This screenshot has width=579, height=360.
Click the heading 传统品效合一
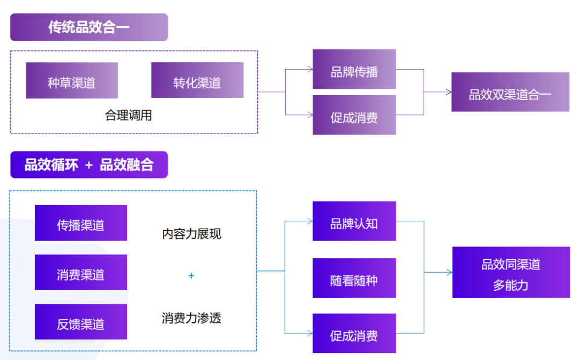(x=89, y=27)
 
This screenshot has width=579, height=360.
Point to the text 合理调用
(x=129, y=115)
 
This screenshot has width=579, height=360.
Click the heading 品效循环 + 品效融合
(x=89, y=164)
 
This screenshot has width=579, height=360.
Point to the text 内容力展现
(x=191, y=234)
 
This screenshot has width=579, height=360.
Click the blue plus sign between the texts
(x=191, y=276)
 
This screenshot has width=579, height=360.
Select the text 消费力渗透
(x=191, y=318)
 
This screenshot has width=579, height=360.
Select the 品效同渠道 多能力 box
(x=511, y=272)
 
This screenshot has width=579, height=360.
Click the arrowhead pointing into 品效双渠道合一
(x=448, y=92)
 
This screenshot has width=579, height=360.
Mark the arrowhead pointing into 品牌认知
(x=310, y=221)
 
